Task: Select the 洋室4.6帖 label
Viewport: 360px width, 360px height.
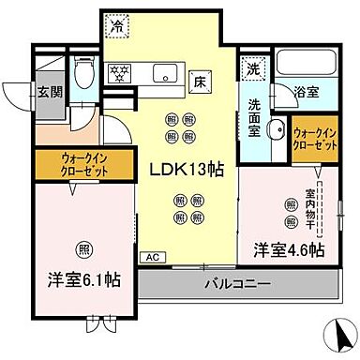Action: pos(289,250)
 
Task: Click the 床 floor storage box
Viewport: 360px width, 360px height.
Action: pos(198,80)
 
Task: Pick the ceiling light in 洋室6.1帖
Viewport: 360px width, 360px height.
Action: pos(84,249)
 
